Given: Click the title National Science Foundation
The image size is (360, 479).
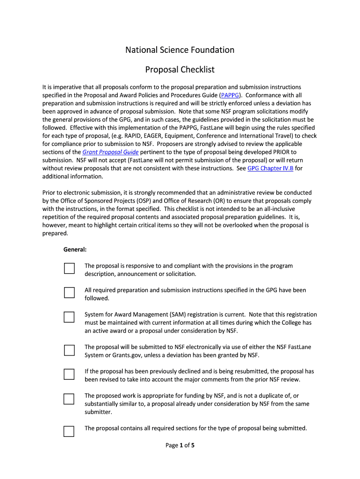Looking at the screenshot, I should [x=180, y=50].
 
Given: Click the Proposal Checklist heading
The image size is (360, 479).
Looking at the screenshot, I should [x=180, y=70].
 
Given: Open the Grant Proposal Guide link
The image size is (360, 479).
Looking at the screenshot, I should [x=110, y=152].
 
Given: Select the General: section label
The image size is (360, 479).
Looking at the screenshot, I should [x=75, y=250].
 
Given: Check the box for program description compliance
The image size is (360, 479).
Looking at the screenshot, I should [x=69, y=269].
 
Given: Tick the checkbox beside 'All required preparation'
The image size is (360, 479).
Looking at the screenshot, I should [x=69, y=293].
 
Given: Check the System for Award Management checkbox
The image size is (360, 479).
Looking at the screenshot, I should [x=69, y=317].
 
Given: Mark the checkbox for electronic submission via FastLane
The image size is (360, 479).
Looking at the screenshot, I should [x=69, y=350].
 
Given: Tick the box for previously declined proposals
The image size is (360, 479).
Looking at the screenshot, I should [x=69, y=374].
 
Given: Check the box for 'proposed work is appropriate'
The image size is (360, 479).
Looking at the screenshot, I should [x=69, y=399].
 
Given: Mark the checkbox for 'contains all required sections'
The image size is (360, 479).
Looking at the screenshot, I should [x=69, y=431].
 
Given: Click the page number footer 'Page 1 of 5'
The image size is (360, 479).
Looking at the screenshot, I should [x=180, y=445].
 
